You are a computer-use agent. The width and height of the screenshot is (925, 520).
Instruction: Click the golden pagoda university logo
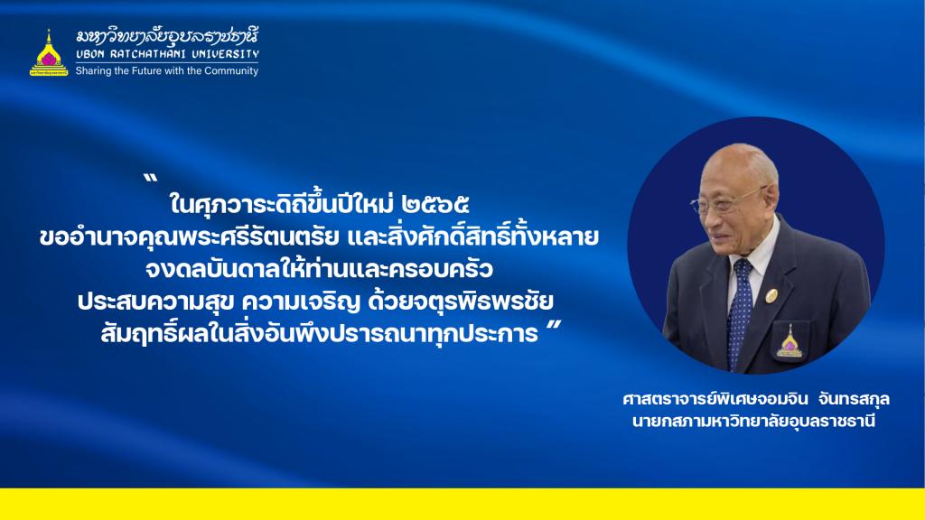point(49,53)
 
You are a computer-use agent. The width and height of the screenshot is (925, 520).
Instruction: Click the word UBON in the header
point(90,54)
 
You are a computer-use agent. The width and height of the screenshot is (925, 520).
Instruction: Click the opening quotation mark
point(151,178)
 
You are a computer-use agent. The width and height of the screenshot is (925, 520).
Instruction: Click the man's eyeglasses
point(725,200)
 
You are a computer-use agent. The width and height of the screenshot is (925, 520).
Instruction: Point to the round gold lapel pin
point(771,295)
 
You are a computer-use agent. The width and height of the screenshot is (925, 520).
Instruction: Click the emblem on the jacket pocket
point(790,342)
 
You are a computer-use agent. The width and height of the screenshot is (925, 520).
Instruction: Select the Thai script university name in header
point(167,36)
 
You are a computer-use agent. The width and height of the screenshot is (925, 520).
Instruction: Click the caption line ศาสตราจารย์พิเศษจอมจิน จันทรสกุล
point(756,399)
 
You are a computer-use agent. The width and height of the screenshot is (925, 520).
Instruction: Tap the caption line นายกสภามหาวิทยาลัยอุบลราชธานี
point(753,422)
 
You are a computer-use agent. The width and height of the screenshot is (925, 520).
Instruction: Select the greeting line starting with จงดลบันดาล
point(319,269)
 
